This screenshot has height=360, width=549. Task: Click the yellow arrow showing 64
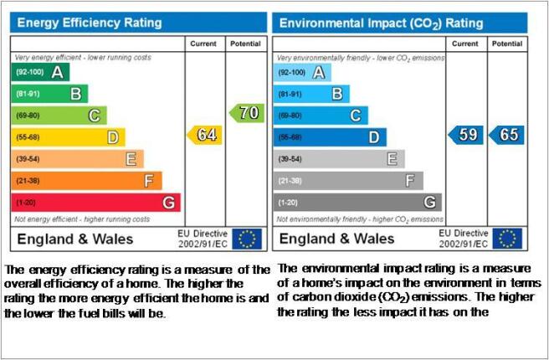coord(204,135)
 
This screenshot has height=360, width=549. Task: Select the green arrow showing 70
coord(247,113)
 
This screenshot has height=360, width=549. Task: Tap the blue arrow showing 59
coord(465,135)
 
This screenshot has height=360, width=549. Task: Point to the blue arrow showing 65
coord(506,135)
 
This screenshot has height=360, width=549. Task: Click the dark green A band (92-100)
coord(41,72)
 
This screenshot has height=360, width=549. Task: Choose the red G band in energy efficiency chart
coord(96,203)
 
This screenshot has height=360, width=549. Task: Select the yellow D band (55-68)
coord(69,137)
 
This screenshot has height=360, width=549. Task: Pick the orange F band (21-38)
coord(87,181)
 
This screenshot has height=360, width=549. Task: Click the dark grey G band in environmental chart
coord(357,203)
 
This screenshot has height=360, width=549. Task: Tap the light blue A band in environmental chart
coord(302,73)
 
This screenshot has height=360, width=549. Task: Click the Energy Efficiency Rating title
coord(90,23)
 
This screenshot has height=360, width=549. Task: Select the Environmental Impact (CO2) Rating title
coord(382,23)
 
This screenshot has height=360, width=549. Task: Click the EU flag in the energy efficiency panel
coord(247,239)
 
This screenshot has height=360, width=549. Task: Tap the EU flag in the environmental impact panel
coord(507,239)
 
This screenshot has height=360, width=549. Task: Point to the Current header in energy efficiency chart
coord(203,44)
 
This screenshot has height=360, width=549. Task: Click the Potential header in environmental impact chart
coord(507,44)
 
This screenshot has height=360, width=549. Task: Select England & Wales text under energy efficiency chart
coord(75,239)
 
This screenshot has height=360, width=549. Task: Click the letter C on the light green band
coord(95,116)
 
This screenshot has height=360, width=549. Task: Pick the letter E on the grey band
coord(393,159)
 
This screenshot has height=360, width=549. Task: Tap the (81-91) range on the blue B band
coord(290,95)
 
